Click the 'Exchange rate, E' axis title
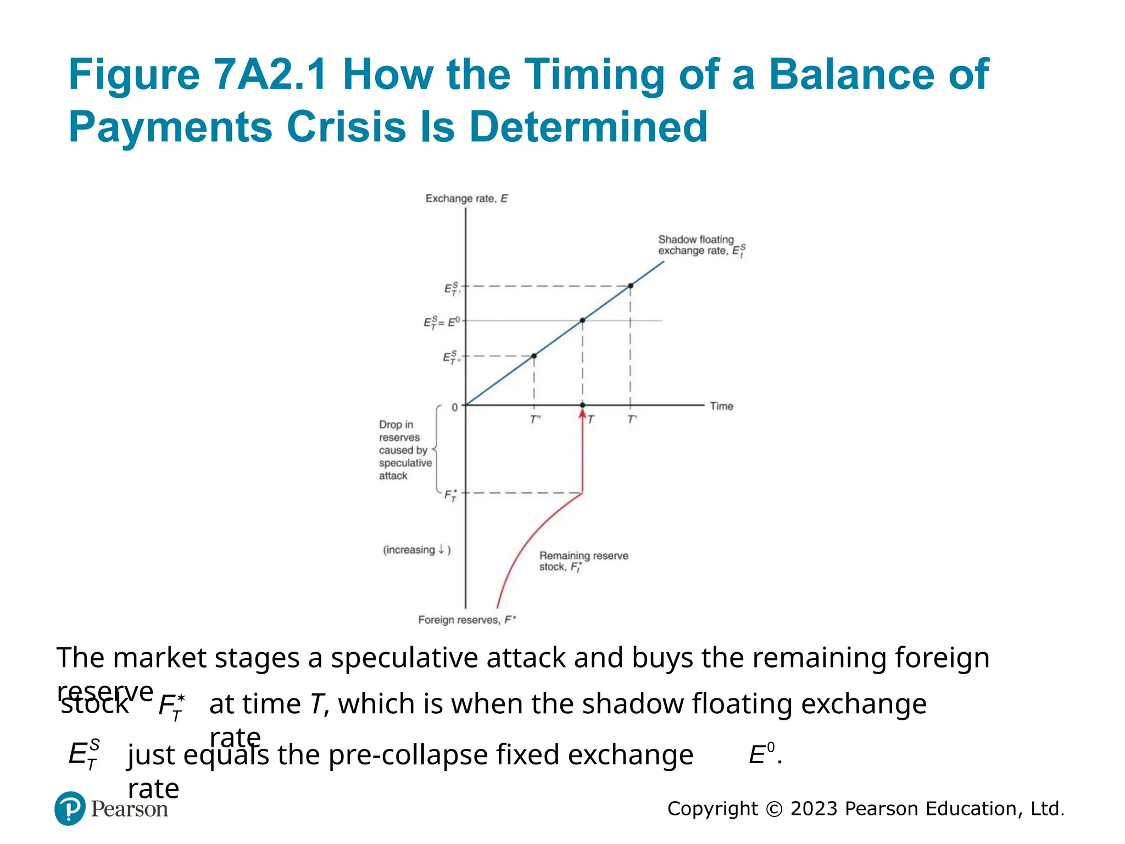466,198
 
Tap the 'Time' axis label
721,406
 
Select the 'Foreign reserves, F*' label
467,620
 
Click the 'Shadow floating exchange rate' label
700,245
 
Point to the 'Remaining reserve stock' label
583,561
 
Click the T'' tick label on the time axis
535,420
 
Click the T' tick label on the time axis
632,420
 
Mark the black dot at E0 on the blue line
582,320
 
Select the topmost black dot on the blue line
630,286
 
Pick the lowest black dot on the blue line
534,356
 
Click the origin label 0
454,408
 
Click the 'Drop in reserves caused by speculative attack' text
404,450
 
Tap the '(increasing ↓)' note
416,550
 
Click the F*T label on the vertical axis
450,495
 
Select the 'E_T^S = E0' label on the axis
441,322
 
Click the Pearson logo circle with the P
70,808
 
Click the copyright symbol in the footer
773,809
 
